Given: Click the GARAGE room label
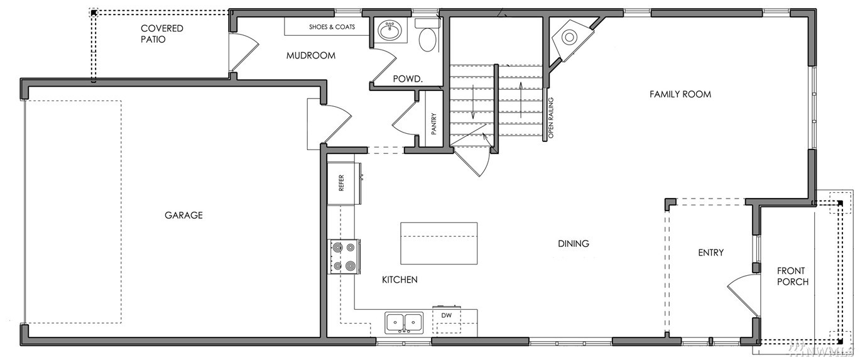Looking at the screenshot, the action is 183,215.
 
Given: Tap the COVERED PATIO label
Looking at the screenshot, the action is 161,34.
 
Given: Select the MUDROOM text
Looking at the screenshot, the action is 310,56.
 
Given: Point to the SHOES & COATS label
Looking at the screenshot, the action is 332,27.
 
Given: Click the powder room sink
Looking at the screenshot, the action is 389,30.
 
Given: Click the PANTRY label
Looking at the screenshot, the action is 434,124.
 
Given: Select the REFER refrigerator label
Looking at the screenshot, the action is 341,183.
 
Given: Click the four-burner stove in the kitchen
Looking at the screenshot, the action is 344,256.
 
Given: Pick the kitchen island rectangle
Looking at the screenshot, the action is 439,243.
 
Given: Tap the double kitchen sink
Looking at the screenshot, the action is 405,322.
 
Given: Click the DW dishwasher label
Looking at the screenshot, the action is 446,315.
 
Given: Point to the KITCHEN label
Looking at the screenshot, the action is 400,280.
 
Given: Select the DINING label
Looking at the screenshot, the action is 573,243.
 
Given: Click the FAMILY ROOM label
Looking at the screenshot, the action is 680,94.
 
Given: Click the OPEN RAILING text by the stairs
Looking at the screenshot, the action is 550,118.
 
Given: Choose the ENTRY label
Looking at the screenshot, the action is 710,253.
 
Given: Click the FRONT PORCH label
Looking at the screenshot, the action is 793,276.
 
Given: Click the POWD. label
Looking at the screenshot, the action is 408,79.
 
